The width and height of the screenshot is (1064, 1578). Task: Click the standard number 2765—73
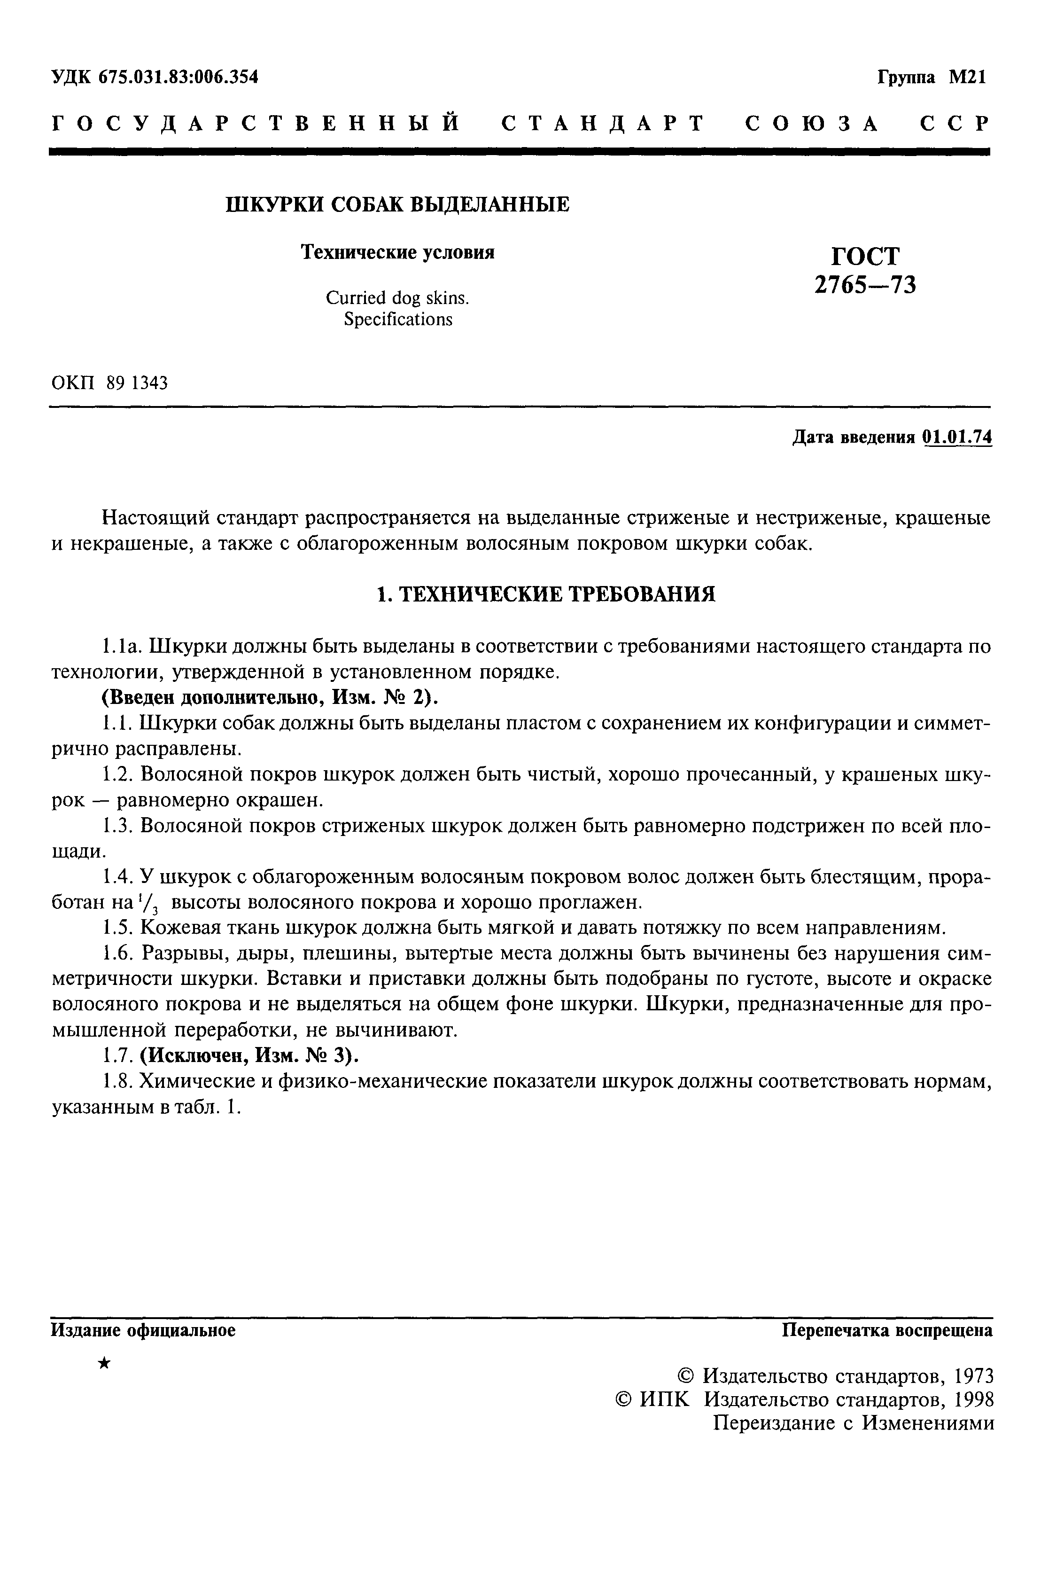click(865, 284)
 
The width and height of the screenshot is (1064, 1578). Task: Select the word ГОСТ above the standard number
click(865, 256)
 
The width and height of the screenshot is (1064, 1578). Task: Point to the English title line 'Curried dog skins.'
click(397, 298)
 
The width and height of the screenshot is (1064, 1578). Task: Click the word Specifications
click(397, 319)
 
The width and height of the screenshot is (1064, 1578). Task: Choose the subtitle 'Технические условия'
click(397, 252)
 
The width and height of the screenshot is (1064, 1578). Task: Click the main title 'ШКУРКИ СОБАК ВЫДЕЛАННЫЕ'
click(397, 204)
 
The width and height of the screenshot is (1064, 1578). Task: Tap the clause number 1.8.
click(116, 1081)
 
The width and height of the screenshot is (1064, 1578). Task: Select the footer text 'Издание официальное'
click(143, 1330)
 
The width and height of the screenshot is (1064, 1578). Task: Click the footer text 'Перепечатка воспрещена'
click(887, 1330)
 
